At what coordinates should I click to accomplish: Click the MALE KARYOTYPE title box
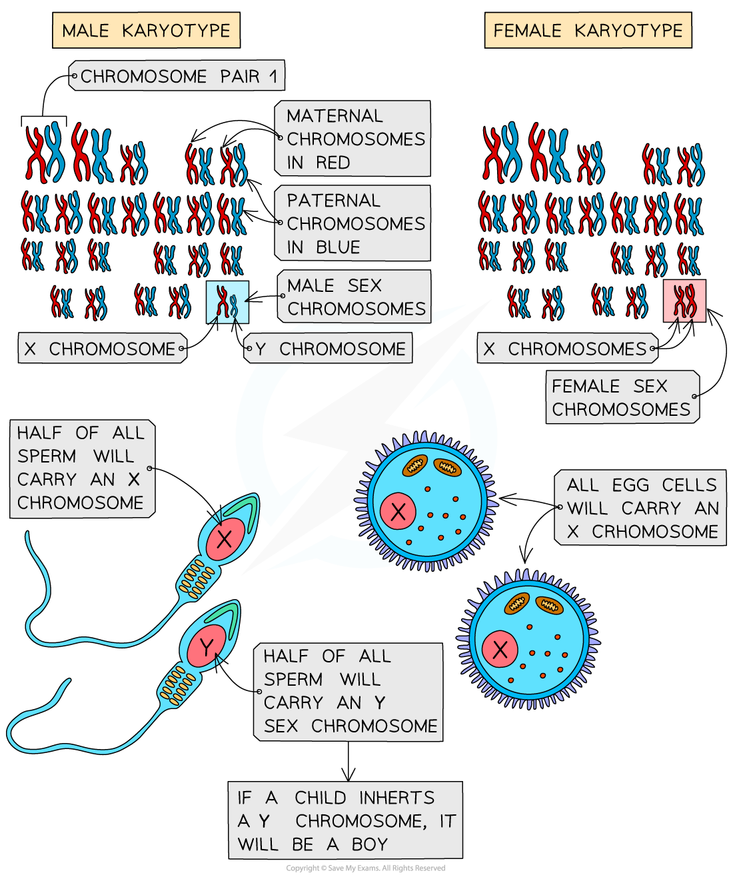(146, 31)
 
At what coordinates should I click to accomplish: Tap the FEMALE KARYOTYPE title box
(588, 31)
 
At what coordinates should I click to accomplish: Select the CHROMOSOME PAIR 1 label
(177, 76)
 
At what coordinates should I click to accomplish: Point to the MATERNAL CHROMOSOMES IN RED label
(353, 139)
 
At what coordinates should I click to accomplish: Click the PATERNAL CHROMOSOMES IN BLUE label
(353, 223)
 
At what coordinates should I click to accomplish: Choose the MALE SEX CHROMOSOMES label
(355, 297)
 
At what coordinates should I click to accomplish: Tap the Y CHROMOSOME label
(329, 349)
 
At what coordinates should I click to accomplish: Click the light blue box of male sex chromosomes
(227, 302)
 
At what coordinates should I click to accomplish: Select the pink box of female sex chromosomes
(684, 301)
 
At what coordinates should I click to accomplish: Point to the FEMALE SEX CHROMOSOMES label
(622, 397)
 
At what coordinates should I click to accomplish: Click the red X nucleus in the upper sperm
(225, 538)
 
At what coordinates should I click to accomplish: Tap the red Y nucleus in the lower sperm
(207, 645)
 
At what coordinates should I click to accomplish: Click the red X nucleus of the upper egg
(398, 511)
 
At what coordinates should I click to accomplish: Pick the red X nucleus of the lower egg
(500, 649)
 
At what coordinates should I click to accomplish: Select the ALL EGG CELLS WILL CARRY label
(641, 508)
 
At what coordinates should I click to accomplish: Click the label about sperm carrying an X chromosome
(81, 468)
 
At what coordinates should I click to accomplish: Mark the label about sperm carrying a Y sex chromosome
(349, 691)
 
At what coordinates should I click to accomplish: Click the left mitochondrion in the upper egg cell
(415, 466)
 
